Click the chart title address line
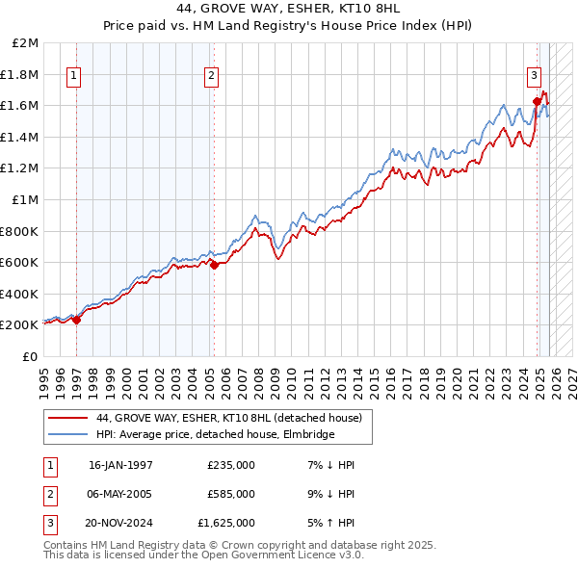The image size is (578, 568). [288, 8]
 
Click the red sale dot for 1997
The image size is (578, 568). [77, 321]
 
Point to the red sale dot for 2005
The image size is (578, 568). [214, 266]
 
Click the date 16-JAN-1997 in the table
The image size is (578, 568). [120, 465]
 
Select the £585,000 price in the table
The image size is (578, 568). [230, 494]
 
